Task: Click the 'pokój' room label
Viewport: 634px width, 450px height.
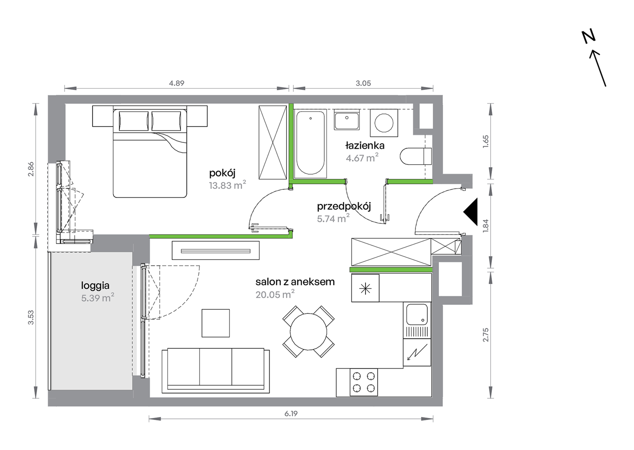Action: pos(222,173)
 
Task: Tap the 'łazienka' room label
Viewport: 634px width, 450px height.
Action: pos(365,146)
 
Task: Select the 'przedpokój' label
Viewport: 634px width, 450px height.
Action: pos(344,206)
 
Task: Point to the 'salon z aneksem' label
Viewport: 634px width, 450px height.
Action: pos(295,282)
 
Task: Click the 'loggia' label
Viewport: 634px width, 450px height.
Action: pos(95,286)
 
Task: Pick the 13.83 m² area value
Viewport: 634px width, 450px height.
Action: pos(227,185)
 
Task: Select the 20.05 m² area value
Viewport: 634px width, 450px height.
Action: pos(275,294)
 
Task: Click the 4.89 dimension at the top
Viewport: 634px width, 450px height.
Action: pos(177,83)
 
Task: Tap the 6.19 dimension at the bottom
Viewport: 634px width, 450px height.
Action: pos(291,414)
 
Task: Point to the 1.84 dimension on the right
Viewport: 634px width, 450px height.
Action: pos(486,226)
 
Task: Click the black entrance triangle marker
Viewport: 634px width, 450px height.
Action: pos(470,212)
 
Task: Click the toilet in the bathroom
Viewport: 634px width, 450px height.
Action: pos(416,156)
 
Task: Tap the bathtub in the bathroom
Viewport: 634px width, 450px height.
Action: pos(310,143)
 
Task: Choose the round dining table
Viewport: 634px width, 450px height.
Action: pos(308,332)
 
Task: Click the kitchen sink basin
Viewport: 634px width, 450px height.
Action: pos(417,314)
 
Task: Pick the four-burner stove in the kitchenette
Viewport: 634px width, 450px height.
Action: pos(364,382)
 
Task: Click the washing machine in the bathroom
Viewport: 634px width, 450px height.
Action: pos(384,123)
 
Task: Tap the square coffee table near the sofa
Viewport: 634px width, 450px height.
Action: pos(216,323)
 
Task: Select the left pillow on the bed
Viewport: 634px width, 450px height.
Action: pos(133,121)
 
